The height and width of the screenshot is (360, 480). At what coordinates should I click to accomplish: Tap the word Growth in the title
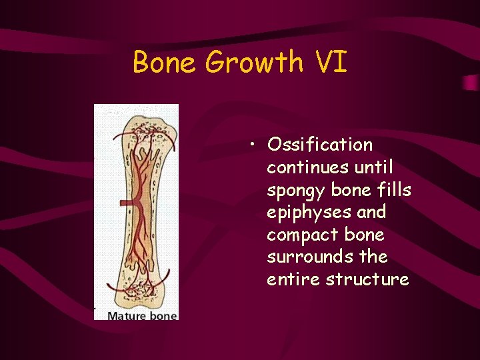pyautogui.click(x=254, y=63)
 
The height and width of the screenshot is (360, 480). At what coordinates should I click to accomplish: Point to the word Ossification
pyautogui.click(x=319, y=145)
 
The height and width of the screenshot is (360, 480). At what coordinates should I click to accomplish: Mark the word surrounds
pyautogui.click(x=301, y=257)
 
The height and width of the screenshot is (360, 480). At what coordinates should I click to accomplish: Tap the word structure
pyautogui.click(x=367, y=280)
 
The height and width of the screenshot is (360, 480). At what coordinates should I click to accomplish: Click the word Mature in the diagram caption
pyautogui.click(x=127, y=315)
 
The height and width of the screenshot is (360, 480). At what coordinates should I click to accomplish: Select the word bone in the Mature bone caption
pyautogui.click(x=163, y=315)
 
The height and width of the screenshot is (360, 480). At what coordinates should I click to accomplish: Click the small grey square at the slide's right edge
pyautogui.click(x=471, y=82)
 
